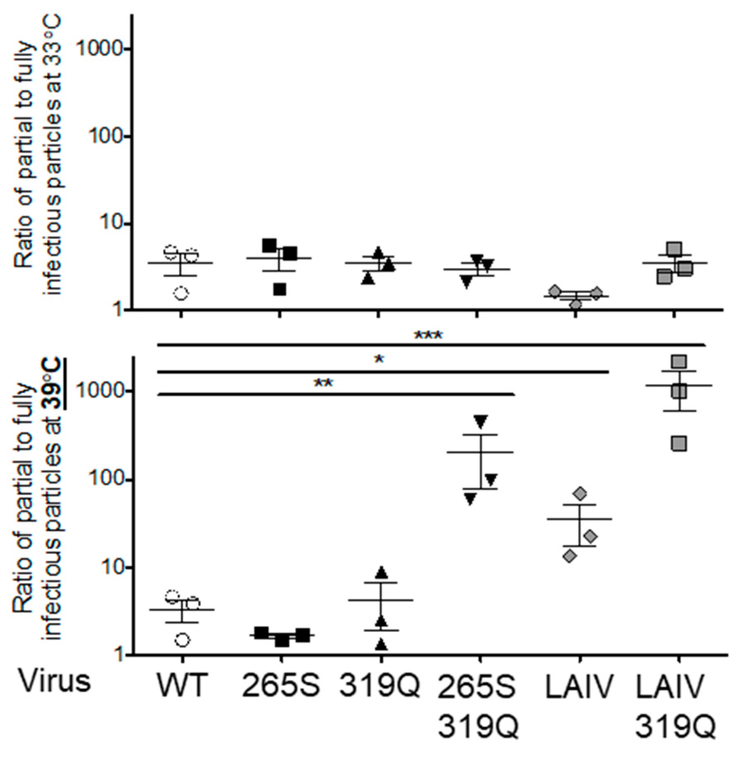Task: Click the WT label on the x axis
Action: click(x=181, y=686)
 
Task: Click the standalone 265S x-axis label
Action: click(x=281, y=686)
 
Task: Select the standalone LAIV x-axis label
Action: click(x=579, y=686)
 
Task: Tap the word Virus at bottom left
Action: click(x=55, y=682)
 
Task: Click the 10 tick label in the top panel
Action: click(x=112, y=223)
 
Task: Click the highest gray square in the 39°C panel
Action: click(x=679, y=362)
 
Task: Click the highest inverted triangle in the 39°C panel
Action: click(x=481, y=421)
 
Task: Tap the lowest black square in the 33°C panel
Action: click(x=280, y=289)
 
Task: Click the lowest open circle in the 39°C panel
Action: click(x=183, y=640)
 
